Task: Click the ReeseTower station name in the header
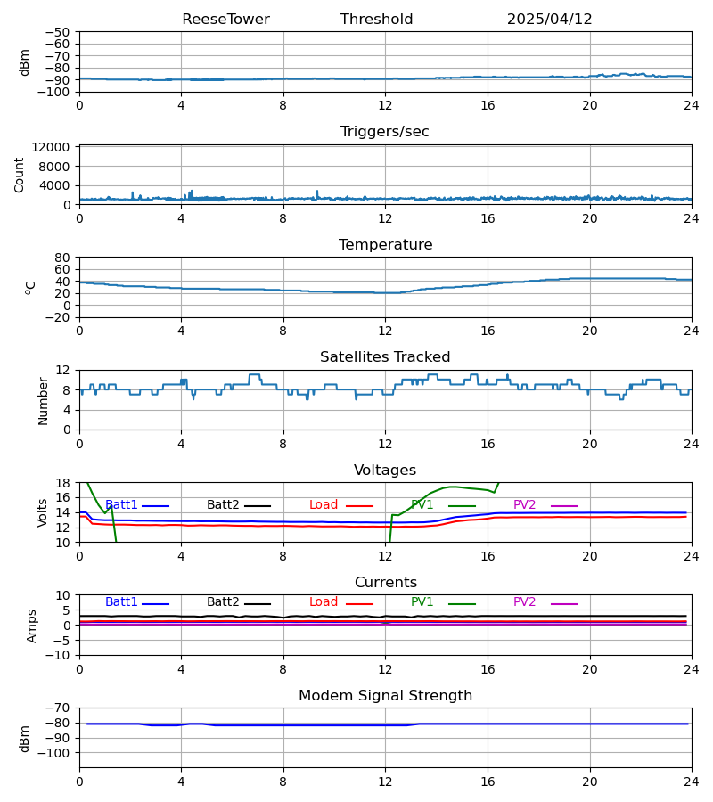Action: point(225,20)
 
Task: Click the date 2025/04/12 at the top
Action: point(549,20)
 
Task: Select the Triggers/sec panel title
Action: point(385,132)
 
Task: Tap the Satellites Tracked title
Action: point(385,357)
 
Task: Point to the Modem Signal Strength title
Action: point(385,696)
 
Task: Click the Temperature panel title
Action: point(385,245)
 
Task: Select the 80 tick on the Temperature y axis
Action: point(63,258)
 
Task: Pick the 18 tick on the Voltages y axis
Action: point(63,483)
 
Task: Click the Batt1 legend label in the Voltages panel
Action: point(121,505)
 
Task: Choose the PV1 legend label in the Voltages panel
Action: point(422,505)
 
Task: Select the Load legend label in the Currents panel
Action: point(324,602)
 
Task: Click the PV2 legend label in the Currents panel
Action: point(525,602)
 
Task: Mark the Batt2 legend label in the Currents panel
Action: point(223,602)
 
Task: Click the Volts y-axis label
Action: point(44,512)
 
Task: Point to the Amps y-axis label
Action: point(33,626)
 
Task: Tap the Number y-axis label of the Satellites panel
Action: point(44,400)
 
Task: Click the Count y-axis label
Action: point(20,175)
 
